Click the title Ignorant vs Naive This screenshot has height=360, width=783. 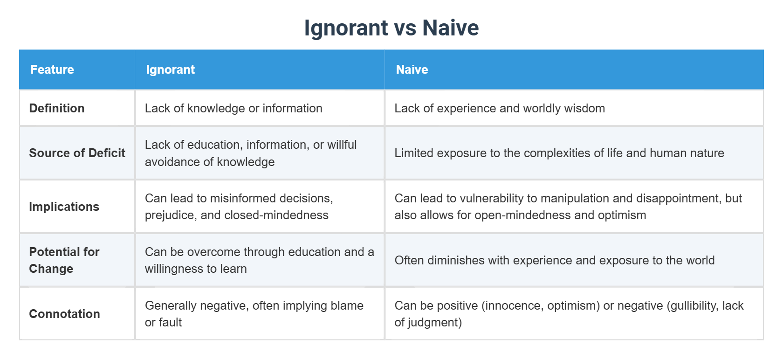[x=391, y=28]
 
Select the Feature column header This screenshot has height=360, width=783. [x=52, y=69]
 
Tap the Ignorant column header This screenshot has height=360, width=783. [x=170, y=69]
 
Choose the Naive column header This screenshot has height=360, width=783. [x=412, y=69]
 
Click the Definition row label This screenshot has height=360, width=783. [x=57, y=108]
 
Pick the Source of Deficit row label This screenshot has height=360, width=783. [x=77, y=153]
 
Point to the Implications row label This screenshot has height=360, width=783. [x=64, y=207]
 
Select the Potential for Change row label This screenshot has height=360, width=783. [x=64, y=260]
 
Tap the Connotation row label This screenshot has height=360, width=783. [x=64, y=314]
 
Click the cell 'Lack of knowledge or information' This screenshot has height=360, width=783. [x=234, y=108]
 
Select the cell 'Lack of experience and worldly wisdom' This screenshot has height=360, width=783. [x=500, y=108]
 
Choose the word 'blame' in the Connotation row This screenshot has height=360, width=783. [x=347, y=305]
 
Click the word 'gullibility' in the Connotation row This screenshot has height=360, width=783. [x=692, y=305]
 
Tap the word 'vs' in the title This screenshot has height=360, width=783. [x=405, y=28]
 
